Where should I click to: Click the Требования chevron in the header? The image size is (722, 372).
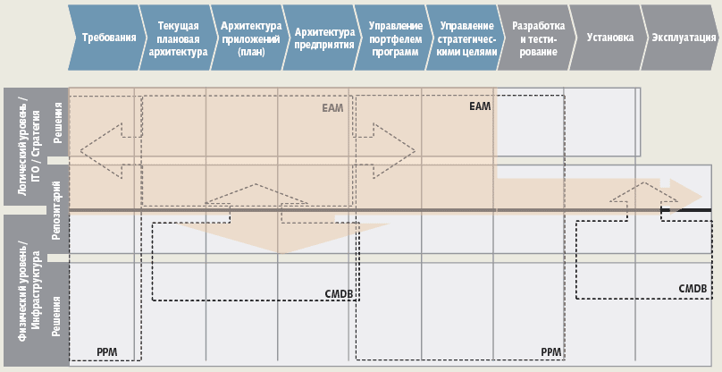[x=108, y=38]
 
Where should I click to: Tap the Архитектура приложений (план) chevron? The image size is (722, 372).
[x=246, y=38]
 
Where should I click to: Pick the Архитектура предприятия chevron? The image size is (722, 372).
[x=318, y=38]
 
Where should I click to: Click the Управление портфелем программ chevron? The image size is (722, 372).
[x=390, y=38]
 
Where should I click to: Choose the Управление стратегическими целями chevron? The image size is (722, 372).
[x=462, y=38]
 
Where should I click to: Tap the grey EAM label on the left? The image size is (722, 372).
[x=332, y=108]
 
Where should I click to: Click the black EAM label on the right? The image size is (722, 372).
[x=480, y=106]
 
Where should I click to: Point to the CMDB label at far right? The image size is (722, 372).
[x=693, y=289]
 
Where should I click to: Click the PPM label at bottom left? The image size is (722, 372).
[x=106, y=351]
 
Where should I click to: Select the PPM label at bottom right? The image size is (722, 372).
[x=551, y=351]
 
